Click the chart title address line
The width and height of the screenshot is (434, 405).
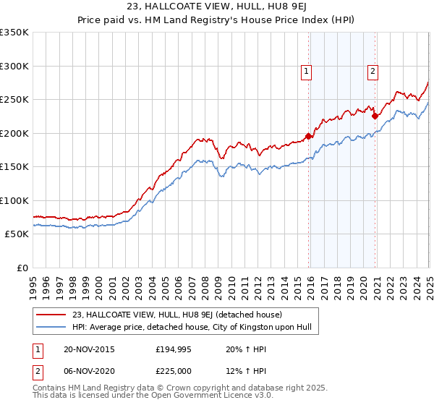pyautogui.click(x=216, y=8)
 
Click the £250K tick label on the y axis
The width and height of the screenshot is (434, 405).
pyautogui.click(x=14, y=100)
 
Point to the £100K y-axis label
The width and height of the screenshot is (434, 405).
pyautogui.click(x=14, y=200)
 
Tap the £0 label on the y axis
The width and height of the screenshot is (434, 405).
pyautogui.click(x=22, y=268)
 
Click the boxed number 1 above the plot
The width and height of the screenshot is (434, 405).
pyautogui.click(x=307, y=71)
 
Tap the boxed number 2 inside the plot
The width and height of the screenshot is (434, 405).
pyautogui.click(x=373, y=71)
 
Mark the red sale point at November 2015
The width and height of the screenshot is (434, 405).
pyautogui.click(x=309, y=136)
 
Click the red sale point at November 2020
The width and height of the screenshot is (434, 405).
pyautogui.click(x=375, y=116)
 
